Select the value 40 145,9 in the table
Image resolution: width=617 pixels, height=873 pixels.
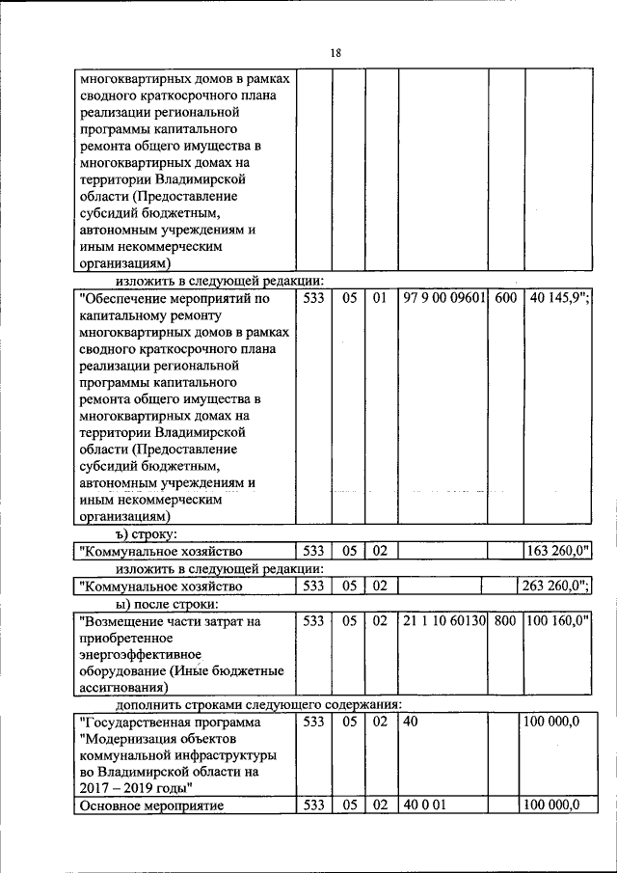[558, 299]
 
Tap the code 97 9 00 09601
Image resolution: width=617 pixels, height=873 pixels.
[444, 299]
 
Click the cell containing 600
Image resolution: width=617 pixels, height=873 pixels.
[505, 299]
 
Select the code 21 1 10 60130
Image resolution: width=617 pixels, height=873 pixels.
[444, 622]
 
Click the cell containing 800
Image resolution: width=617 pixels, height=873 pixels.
[505, 622]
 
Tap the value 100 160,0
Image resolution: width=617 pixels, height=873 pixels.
[558, 622]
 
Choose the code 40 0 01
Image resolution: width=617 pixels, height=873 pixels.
[421, 805]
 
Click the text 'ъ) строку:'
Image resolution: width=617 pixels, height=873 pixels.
[143, 533]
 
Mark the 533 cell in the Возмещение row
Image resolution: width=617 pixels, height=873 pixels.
[312, 622]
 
